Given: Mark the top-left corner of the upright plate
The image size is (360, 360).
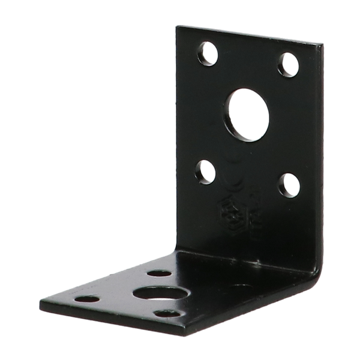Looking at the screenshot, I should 176,26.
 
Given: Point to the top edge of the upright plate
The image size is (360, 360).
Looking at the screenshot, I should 246,33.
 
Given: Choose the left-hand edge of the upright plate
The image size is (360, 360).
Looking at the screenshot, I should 173,138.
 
